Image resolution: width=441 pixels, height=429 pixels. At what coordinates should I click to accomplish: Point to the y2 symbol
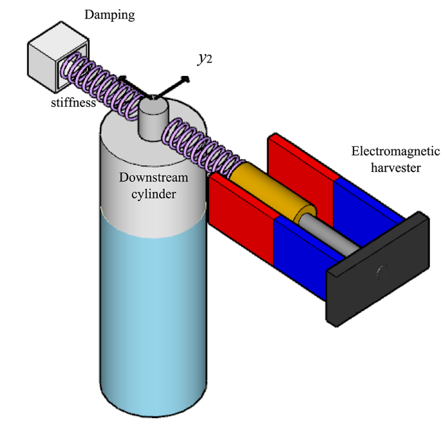click(205, 59)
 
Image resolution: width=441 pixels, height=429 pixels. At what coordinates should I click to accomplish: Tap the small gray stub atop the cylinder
click(153, 118)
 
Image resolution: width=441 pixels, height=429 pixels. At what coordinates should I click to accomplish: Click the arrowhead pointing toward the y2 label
click(186, 79)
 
